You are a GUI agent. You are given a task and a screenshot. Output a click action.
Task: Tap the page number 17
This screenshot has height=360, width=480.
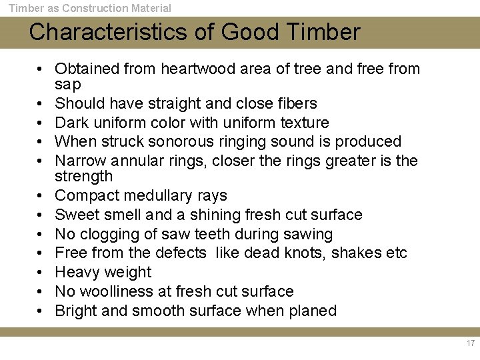tap(471, 343)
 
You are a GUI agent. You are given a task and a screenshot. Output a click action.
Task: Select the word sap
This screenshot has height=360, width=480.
tap(67, 85)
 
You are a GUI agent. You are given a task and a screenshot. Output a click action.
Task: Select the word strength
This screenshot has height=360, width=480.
tap(84, 177)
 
